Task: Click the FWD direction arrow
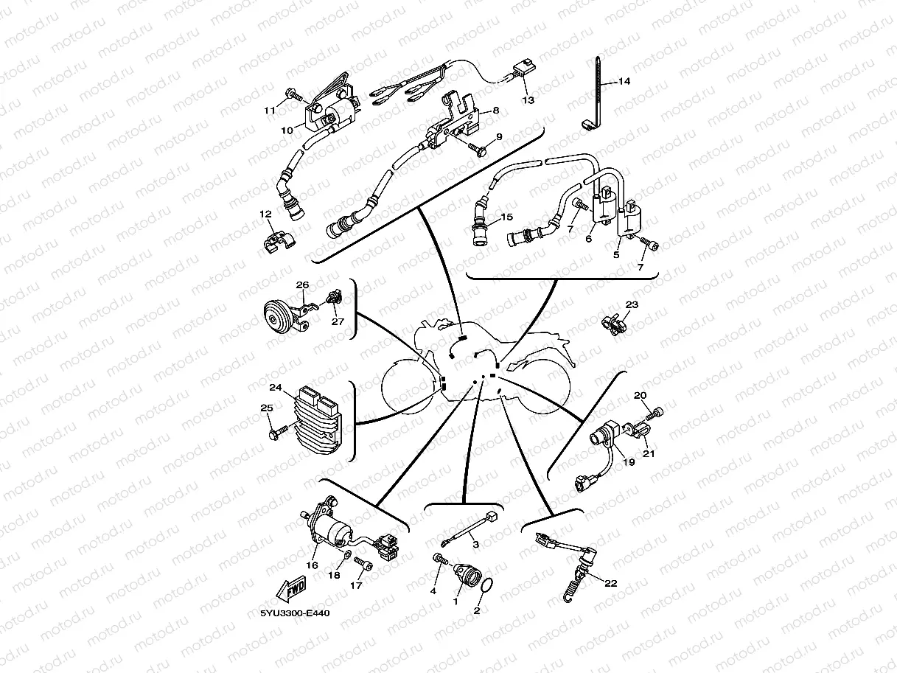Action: click(291, 589)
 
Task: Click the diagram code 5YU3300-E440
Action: click(295, 613)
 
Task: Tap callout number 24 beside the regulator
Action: click(276, 387)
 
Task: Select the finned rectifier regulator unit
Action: click(318, 419)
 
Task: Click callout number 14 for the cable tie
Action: click(624, 81)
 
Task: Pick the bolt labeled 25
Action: click(279, 432)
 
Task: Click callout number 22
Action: click(610, 584)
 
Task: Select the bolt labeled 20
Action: click(655, 414)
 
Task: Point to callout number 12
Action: click(265, 214)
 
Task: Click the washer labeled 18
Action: click(347, 554)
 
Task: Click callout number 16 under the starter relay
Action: click(312, 565)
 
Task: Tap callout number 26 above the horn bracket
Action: click(302, 285)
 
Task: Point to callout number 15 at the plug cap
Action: click(507, 217)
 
